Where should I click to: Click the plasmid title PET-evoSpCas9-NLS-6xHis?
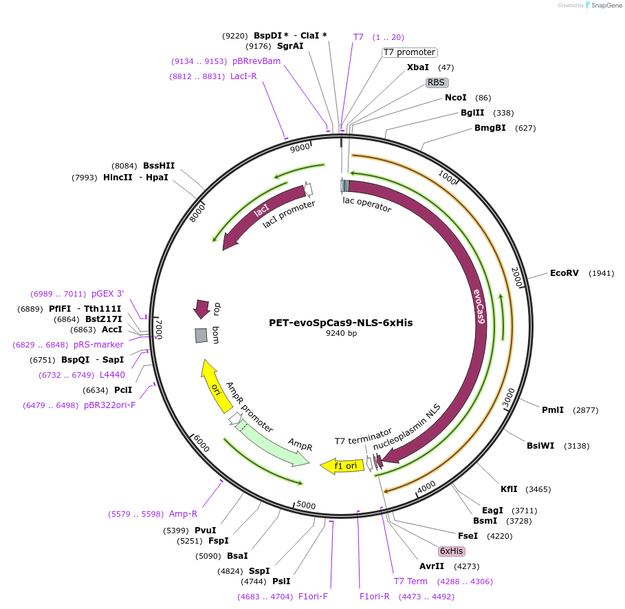340,322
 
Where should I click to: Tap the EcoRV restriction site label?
564,273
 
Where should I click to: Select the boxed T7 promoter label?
409,52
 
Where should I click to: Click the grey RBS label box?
437,83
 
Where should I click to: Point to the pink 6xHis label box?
452,551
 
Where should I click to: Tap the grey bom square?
201,335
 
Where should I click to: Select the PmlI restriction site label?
552,410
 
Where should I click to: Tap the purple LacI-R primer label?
243,76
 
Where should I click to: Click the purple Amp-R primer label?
184,514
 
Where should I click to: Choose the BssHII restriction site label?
159,166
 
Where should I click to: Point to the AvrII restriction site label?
432,566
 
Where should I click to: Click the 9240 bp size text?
340,334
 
